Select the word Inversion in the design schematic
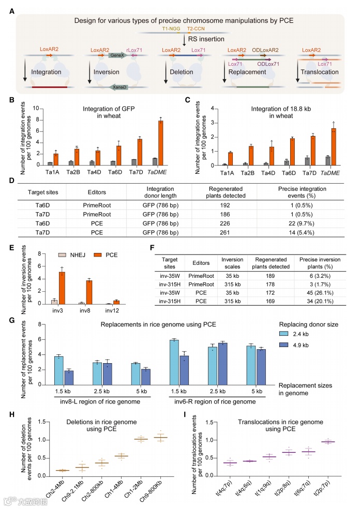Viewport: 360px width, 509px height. pyautogui.click(x=106, y=72)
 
